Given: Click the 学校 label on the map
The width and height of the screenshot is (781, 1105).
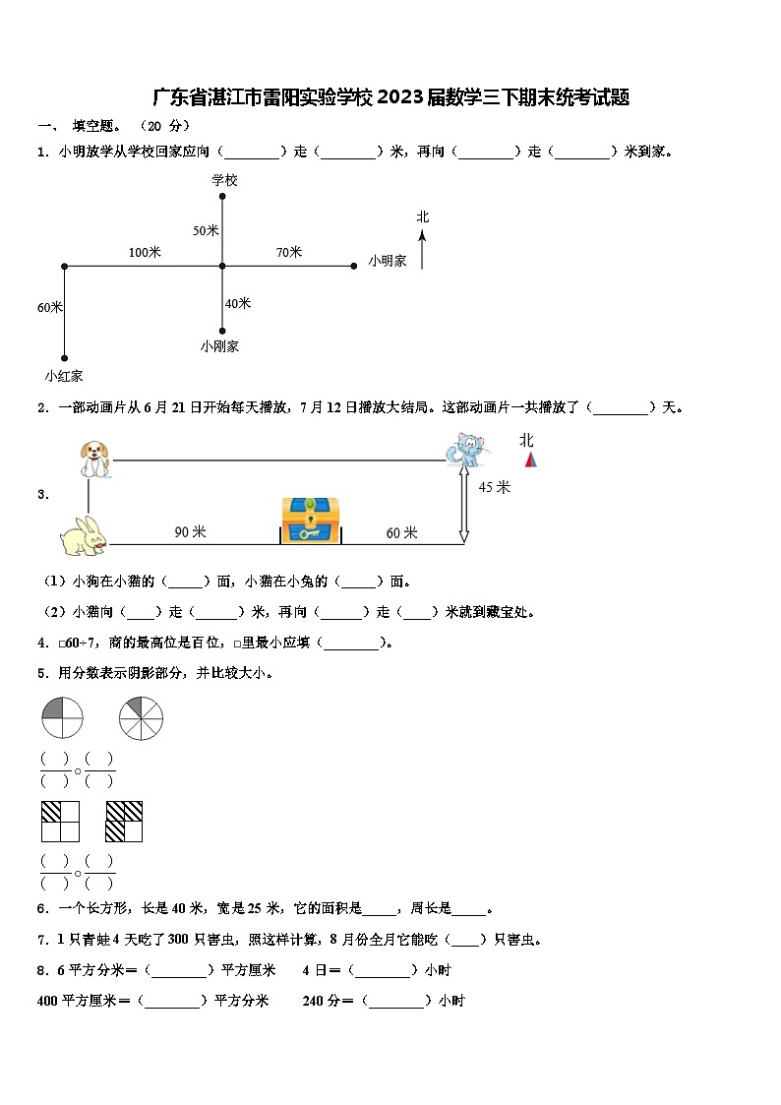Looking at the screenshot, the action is click(224, 180).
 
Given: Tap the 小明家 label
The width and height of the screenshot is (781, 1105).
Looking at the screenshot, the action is click(388, 261).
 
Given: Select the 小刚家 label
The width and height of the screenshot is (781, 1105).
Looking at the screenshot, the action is click(219, 346).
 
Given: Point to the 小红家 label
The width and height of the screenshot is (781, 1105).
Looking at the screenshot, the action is click(63, 375).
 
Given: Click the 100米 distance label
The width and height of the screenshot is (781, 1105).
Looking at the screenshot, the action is click(145, 253).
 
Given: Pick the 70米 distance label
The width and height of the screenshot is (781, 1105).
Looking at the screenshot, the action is click(288, 253).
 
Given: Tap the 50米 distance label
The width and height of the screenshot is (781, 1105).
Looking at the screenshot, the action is click(206, 230).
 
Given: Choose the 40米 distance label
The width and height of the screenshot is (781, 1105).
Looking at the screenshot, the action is click(238, 303).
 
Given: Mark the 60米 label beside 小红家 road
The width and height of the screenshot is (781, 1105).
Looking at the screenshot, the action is click(50, 307).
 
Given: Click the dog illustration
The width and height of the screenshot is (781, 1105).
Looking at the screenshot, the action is click(95, 458).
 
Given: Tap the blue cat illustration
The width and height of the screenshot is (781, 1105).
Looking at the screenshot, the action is click(465, 449).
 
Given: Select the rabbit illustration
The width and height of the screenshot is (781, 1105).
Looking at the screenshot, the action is click(83, 535).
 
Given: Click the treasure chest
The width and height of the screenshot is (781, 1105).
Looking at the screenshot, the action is click(310, 520).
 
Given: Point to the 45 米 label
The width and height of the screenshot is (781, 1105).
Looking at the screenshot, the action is click(495, 487).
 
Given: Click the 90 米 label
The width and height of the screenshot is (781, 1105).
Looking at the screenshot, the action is click(190, 532).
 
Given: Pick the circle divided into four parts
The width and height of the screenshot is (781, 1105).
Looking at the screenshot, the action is click(62, 718).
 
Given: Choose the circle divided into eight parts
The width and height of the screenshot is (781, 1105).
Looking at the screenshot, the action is click(141, 718).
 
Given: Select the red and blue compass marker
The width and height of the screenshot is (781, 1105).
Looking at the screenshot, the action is click(530, 460).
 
